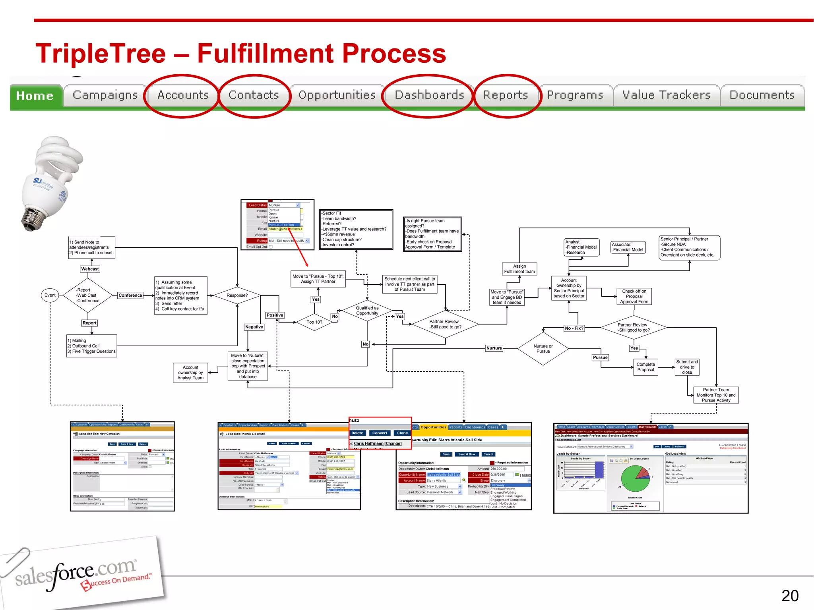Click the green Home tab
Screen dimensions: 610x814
coord(35,96)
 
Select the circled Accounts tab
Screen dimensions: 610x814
coord(183,95)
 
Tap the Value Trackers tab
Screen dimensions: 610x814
coord(666,95)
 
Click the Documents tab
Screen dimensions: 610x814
coord(762,95)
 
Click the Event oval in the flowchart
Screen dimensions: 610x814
coord(50,295)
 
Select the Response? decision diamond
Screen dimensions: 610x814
coord(237,295)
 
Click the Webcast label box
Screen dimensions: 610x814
coord(90,269)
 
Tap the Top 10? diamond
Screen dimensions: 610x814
coord(314,322)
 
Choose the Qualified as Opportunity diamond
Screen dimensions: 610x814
coord(367,311)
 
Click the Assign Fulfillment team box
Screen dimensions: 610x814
coord(519,269)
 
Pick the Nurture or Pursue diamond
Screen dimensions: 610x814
coord(543,349)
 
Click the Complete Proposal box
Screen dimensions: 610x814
coord(645,367)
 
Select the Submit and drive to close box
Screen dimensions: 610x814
coord(687,367)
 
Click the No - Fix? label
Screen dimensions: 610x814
coord(574,328)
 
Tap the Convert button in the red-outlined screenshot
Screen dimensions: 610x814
coord(380,433)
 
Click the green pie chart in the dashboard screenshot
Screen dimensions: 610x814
coord(635,479)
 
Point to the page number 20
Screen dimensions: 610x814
coord(789,596)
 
